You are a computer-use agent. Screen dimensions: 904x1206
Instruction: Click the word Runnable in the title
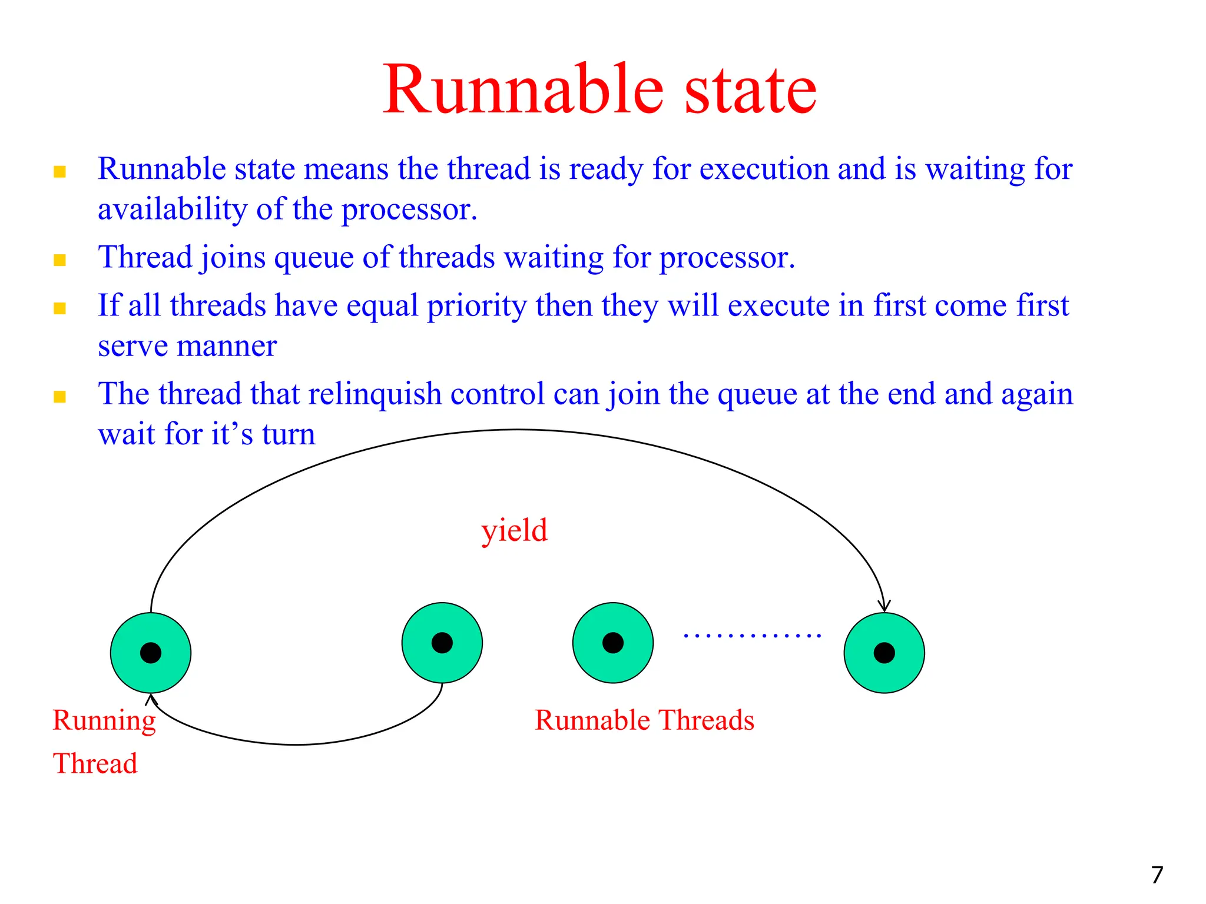coord(524,90)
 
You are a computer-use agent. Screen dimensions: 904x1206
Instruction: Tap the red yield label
coord(514,531)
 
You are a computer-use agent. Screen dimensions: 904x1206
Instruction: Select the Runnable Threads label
coord(644,720)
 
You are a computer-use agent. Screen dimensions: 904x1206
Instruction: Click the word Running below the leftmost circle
coord(104,721)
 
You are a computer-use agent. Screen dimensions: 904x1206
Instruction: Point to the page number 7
coord(1157,875)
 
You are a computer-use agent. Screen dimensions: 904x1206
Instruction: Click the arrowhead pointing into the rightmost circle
coord(884,606)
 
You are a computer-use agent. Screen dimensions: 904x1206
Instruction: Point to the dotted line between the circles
coord(752,636)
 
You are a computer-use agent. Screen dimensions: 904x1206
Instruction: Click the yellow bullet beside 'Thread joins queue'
coord(59,260)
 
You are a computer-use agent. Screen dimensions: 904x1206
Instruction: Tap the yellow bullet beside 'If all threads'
coord(59,308)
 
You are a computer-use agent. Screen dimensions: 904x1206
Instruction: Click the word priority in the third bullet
coord(476,306)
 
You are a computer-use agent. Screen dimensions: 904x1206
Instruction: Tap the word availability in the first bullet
coord(173,210)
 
